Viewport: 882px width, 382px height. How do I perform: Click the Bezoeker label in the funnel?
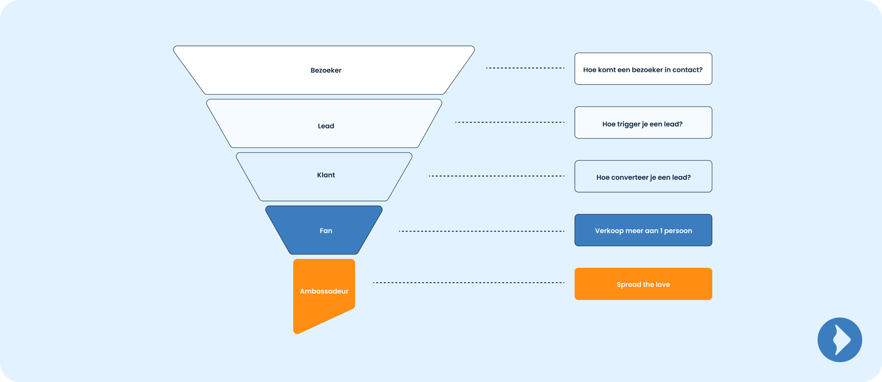(x=326, y=70)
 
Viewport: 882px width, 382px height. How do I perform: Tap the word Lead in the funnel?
(x=326, y=126)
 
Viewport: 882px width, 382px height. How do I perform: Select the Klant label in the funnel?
(x=326, y=175)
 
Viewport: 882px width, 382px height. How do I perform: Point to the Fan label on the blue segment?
(x=326, y=231)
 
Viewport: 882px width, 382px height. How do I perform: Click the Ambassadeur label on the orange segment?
(x=324, y=291)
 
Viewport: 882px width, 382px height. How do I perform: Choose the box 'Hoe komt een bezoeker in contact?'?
(x=643, y=69)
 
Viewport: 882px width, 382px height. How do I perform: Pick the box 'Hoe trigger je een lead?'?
(x=643, y=122)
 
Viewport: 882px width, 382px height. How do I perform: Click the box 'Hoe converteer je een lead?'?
(x=643, y=176)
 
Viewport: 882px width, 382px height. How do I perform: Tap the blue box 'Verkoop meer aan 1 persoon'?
(x=643, y=230)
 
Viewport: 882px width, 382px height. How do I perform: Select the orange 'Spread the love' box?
(x=643, y=284)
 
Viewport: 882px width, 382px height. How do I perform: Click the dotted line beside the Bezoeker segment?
(x=525, y=68)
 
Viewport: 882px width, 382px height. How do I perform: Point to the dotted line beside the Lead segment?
(x=510, y=122)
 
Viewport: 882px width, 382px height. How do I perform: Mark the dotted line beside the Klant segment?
(x=496, y=176)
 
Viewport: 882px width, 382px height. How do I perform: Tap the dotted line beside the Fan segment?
(x=481, y=231)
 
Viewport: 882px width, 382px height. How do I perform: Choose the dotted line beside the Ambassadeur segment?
(x=469, y=283)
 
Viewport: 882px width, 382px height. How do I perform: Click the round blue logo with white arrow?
(x=839, y=340)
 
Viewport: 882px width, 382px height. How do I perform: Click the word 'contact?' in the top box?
(x=688, y=70)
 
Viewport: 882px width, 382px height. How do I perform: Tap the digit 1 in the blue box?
(x=661, y=231)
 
